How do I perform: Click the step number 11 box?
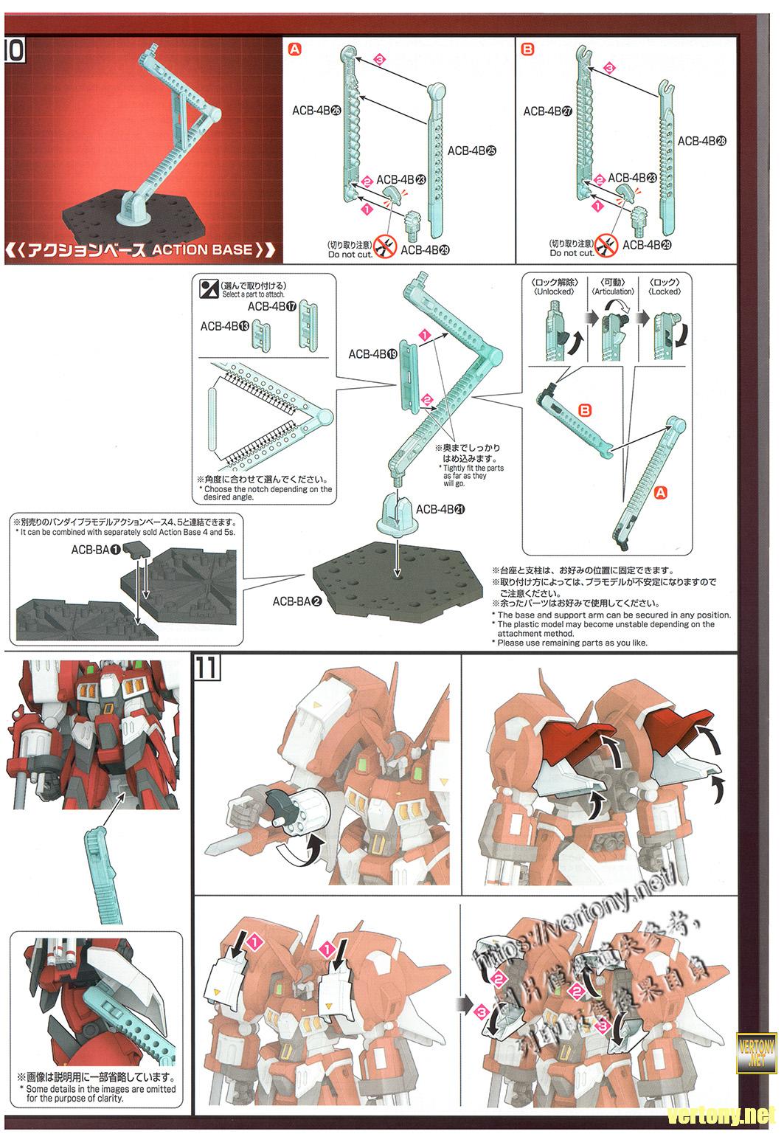point(206,668)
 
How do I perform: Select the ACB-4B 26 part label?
point(316,110)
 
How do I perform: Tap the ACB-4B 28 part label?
point(701,140)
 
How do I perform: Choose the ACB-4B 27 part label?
point(547,111)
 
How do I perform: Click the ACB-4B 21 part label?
point(440,509)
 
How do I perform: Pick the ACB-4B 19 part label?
point(372,354)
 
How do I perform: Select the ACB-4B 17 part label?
point(271,306)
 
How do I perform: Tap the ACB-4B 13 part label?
point(224,325)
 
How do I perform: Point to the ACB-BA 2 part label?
point(297,601)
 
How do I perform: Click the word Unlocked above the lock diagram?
point(554,291)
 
